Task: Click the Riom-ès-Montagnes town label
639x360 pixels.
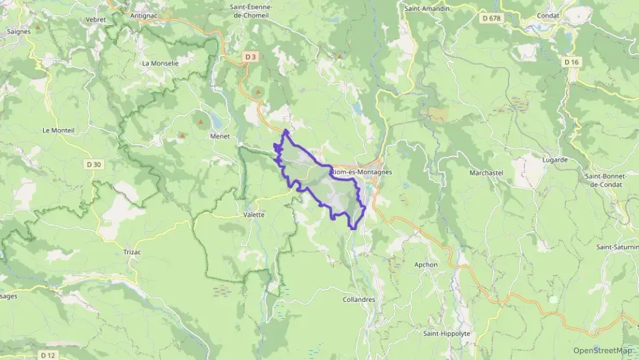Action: [361, 172]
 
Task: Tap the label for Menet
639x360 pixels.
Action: [219, 135]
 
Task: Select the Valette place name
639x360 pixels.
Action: [253, 214]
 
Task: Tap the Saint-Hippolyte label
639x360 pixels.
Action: [446, 333]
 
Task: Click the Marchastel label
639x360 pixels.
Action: [486, 173]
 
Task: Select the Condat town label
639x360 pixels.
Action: [548, 16]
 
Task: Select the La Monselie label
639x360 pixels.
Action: [160, 63]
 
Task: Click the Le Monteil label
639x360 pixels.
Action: [57, 130]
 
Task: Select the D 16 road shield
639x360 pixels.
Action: [571, 61]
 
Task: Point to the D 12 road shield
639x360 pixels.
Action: [47, 355]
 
